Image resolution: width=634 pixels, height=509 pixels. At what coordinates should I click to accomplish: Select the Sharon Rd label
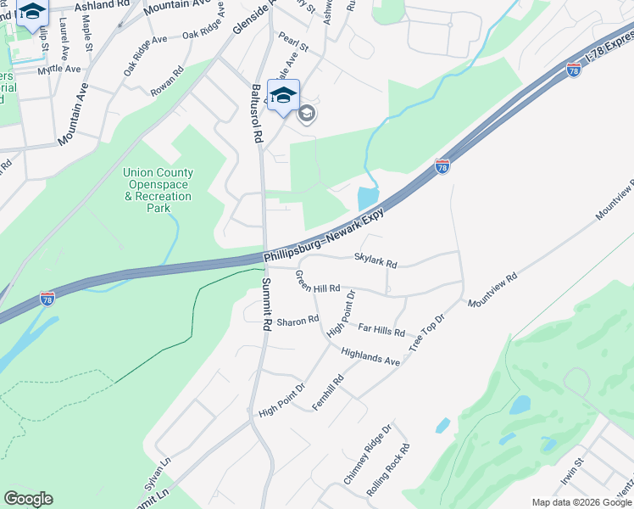(x=297, y=322)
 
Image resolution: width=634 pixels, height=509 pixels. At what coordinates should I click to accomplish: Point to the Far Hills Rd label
(x=381, y=329)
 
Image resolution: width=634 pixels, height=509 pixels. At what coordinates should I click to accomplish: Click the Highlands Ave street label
(x=370, y=356)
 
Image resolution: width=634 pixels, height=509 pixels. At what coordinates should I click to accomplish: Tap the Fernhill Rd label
(x=327, y=394)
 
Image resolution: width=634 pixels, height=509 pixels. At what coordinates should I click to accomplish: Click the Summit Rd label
(x=266, y=304)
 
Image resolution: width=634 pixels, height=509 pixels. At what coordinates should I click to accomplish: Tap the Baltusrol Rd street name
(x=257, y=113)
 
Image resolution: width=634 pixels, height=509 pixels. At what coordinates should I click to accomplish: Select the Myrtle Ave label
(x=59, y=69)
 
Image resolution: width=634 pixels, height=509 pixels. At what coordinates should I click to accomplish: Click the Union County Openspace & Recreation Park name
(x=158, y=190)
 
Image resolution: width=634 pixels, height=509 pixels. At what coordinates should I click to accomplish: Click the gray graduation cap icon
(x=306, y=115)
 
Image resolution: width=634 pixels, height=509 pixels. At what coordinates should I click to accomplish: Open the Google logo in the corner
(x=28, y=499)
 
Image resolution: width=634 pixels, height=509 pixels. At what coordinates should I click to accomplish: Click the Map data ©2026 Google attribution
(x=581, y=502)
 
